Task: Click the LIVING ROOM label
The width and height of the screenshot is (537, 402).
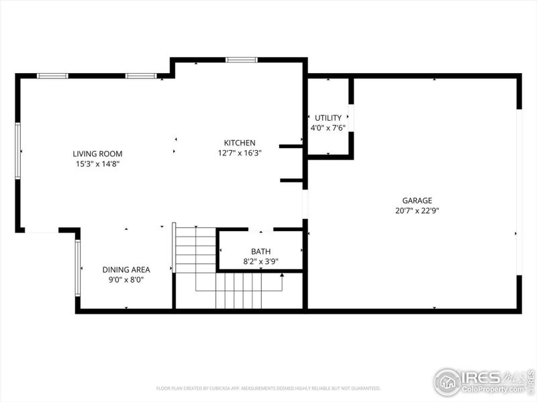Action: pyautogui.click(x=97, y=153)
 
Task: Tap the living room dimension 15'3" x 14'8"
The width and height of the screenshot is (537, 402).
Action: pyautogui.click(x=97, y=163)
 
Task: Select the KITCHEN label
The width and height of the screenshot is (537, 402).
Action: pyautogui.click(x=240, y=143)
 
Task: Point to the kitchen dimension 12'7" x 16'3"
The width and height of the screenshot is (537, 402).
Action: pyautogui.click(x=240, y=153)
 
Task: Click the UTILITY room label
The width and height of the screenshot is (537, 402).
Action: pyautogui.click(x=328, y=118)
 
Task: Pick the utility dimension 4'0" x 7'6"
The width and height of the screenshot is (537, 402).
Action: pyautogui.click(x=328, y=127)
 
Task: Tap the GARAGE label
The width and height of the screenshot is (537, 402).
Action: pyautogui.click(x=417, y=200)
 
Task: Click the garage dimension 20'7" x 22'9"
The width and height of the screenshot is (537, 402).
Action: pyautogui.click(x=417, y=210)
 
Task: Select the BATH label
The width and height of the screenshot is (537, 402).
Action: pyautogui.click(x=260, y=252)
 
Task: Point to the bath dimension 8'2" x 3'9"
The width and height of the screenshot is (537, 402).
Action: pyautogui.click(x=260, y=262)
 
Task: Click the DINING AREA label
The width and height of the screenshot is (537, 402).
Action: pyautogui.click(x=126, y=269)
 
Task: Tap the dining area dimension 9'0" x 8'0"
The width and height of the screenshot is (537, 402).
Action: pyautogui.click(x=126, y=279)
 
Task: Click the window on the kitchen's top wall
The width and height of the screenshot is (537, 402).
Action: pyautogui.click(x=242, y=60)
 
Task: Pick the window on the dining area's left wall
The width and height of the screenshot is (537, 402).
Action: pyautogui.click(x=78, y=268)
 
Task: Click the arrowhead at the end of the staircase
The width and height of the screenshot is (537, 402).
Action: pyautogui.click(x=282, y=275)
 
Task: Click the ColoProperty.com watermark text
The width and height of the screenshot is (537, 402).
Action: pyautogui.click(x=497, y=389)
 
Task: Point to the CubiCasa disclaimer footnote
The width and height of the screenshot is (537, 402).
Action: pyautogui.click(x=268, y=388)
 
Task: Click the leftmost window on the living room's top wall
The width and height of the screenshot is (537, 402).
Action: pyautogui.click(x=52, y=76)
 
